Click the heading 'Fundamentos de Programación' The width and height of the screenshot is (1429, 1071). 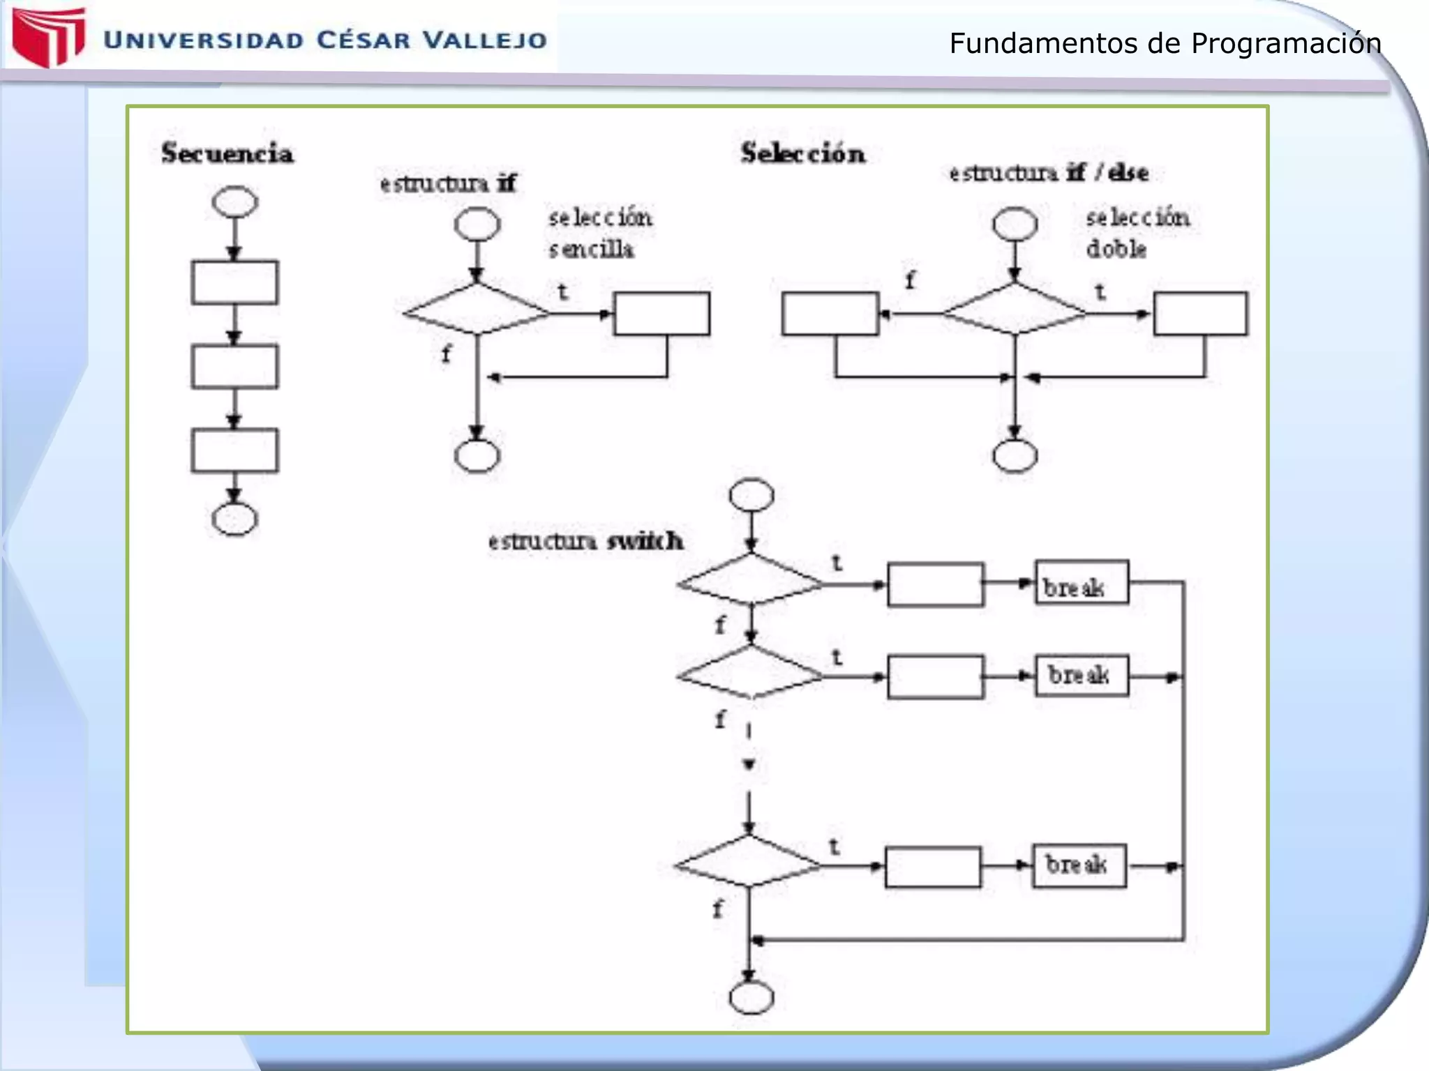click(x=1165, y=43)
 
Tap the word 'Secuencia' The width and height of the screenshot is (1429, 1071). click(x=227, y=153)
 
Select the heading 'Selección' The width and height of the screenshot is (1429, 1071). click(x=802, y=153)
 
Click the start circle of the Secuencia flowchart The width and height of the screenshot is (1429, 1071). click(x=234, y=202)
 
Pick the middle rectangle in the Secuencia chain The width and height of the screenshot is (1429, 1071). click(x=234, y=367)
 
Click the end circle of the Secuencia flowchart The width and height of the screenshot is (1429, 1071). click(x=234, y=519)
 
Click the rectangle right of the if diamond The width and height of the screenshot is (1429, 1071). click(x=661, y=314)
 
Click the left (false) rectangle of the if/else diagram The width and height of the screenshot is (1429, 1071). click(x=830, y=314)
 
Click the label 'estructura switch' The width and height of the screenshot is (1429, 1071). click(x=585, y=541)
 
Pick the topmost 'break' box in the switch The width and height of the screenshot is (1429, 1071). click(x=1081, y=582)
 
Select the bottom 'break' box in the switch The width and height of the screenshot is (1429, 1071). click(x=1079, y=866)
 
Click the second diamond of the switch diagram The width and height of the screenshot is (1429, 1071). click(x=750, y=673)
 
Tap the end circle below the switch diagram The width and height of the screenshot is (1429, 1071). click(x=751, y=998)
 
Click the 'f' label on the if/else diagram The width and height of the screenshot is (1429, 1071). click(x=910, y=281)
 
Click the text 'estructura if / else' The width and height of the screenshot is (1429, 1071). click(x=1048, y=173)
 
